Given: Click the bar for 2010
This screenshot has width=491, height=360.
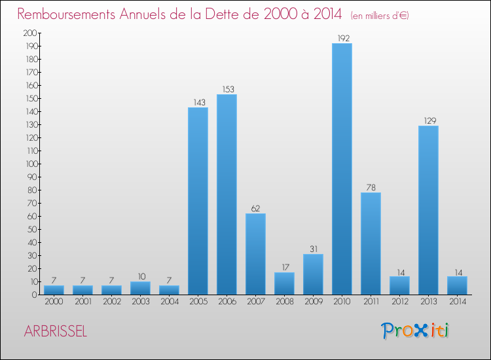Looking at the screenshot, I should pos(342,169).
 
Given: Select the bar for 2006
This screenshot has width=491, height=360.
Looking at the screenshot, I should pos(227,194).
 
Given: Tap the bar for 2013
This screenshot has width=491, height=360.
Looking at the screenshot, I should pos(428,210).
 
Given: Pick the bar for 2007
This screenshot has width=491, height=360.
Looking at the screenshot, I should pos(255,254).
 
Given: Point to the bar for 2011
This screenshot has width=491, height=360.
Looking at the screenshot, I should pos(371,243).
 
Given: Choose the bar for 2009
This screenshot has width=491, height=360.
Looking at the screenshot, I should pos(313,274).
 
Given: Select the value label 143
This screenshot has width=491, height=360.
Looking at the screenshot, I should pos(198,103).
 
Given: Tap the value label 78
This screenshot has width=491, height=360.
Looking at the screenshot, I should pos(371,188).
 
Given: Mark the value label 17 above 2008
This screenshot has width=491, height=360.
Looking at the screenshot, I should pos(284,268).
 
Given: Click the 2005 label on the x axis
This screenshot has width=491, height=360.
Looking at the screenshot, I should pos(198,302).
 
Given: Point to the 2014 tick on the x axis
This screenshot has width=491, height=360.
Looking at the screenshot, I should pos(457,302).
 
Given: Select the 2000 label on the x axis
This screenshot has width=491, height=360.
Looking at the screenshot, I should pos(54,302).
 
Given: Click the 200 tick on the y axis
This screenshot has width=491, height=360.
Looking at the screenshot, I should pos(29,33).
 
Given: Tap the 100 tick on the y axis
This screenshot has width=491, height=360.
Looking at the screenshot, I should pos(29,164).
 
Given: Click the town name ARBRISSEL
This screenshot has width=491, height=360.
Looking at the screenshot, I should pos(56,331).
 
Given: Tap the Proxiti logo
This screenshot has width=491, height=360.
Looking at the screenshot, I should pos(416,331).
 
